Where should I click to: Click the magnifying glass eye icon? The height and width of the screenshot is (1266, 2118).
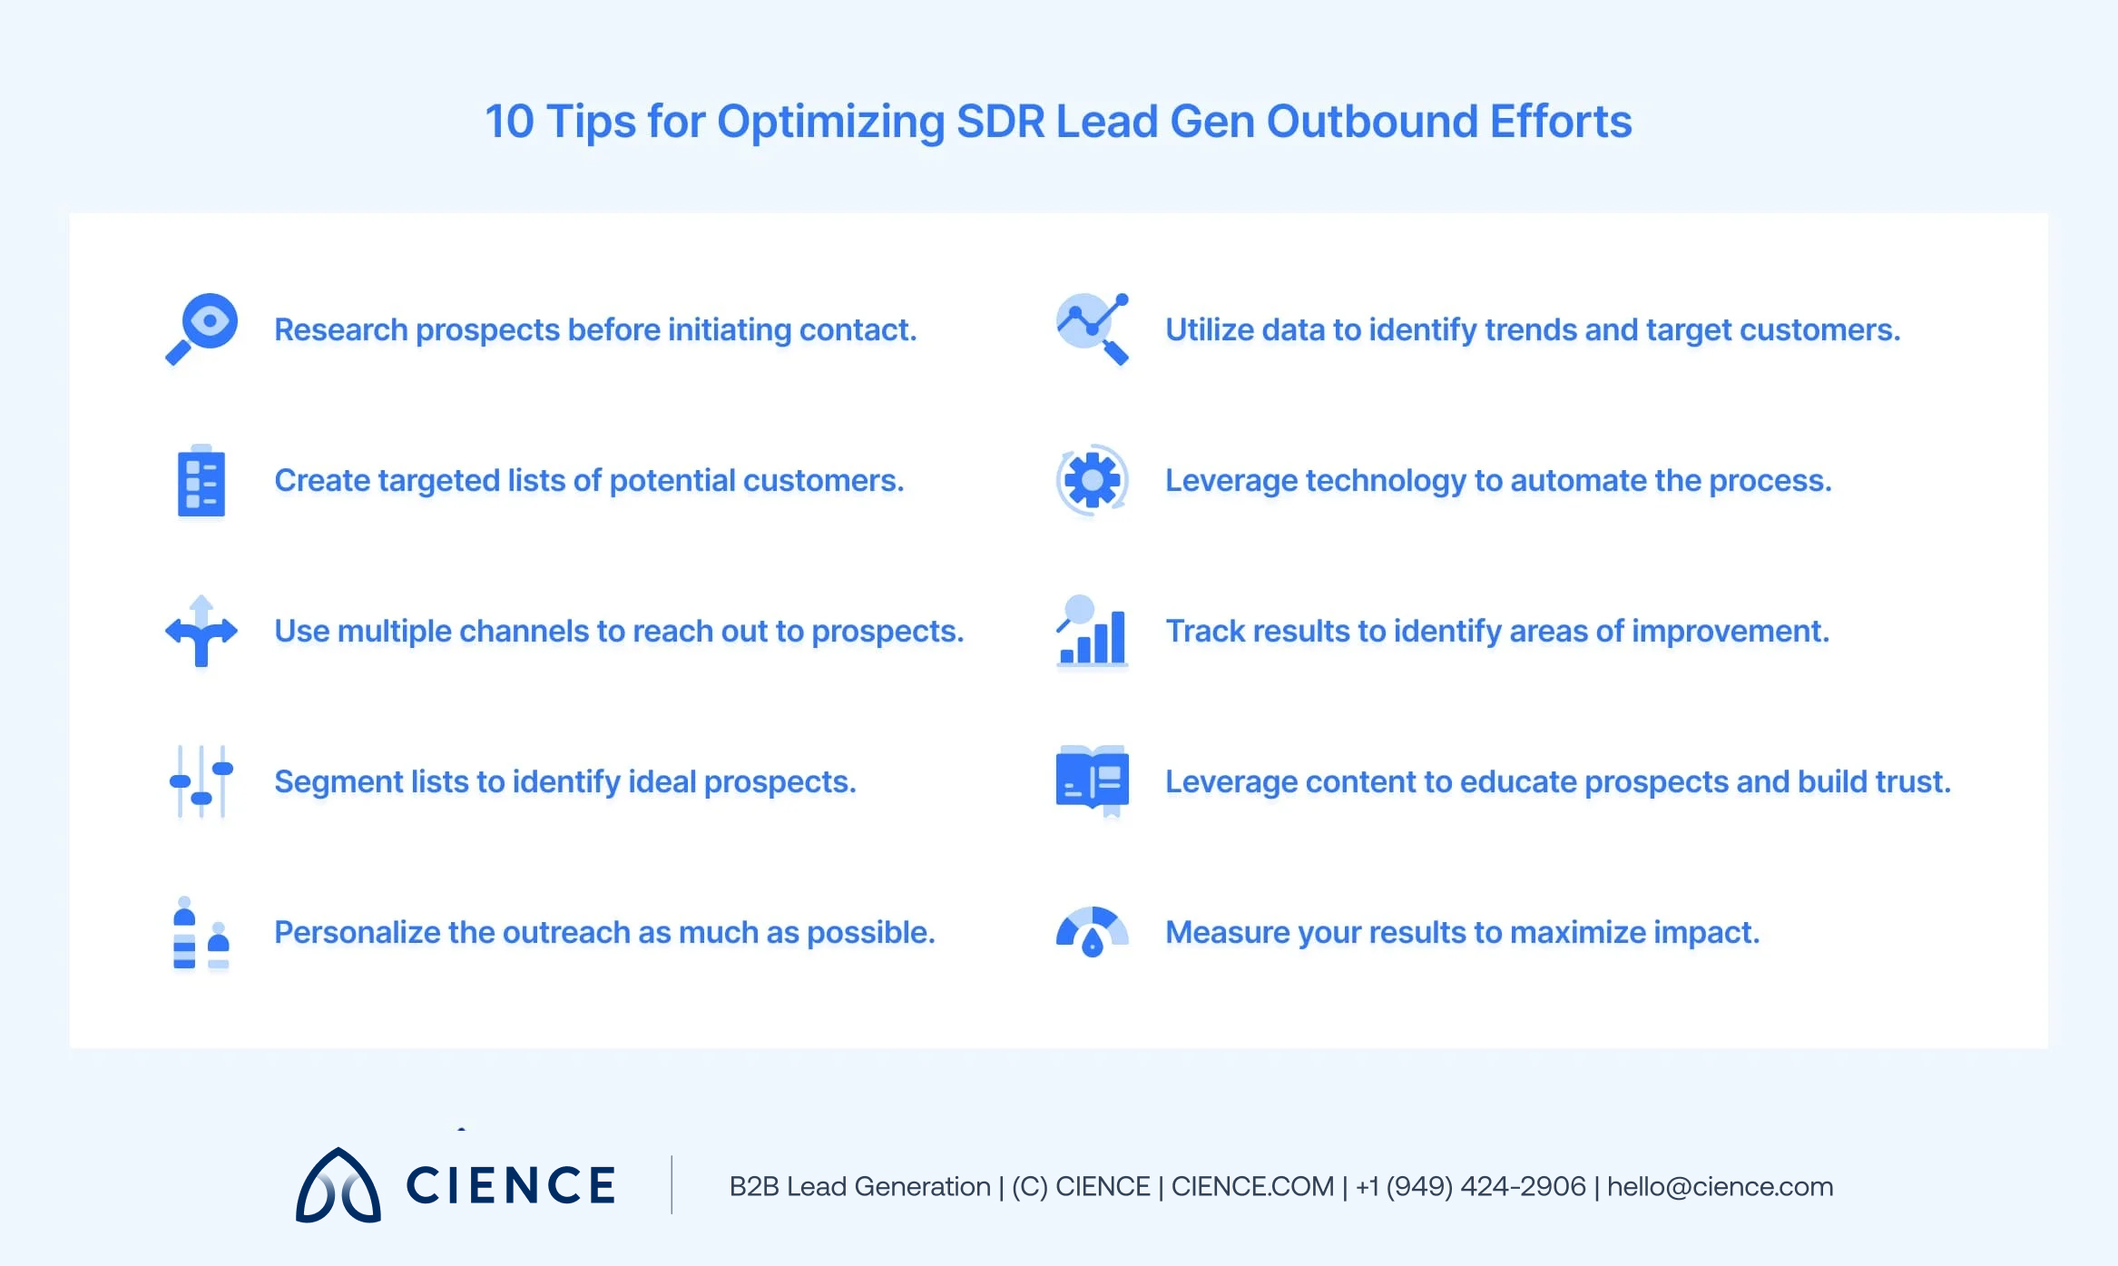(201, 329)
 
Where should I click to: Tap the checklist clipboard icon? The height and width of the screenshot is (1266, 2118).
(201, 481)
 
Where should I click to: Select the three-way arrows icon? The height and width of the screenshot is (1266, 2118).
(201, 631)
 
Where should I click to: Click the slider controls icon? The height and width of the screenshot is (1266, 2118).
(201, 781)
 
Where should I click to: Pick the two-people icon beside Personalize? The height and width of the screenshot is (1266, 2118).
(201, 933)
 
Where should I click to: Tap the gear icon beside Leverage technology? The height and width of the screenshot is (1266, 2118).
(1093, 480)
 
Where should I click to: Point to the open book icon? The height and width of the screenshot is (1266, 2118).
(1093, 780)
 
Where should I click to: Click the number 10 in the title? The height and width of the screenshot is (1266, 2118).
(509, 122)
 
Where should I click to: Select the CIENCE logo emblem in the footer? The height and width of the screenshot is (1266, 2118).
(338, 1186)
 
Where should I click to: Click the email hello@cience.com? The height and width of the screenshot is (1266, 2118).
(1720, 1186)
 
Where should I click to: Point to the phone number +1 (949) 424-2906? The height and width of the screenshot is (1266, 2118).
(1470, 1186)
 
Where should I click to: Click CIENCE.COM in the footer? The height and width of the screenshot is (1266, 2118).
(1252, 1186)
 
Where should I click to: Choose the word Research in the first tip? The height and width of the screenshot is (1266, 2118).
(340, 329)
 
